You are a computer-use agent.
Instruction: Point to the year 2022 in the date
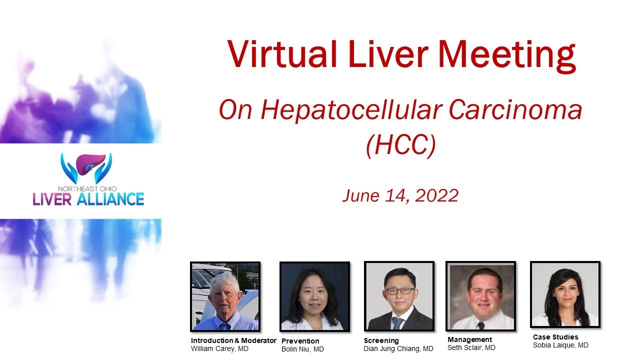click(436, 195)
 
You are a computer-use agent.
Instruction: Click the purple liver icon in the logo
click(86, 165)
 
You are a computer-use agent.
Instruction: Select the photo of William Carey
click(225, 296)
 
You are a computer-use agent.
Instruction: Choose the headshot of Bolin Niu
click(314, 296)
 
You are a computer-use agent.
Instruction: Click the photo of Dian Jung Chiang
click(398, 296)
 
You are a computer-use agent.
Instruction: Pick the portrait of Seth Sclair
click(480, 296)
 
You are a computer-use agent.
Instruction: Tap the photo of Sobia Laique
click(565, 294)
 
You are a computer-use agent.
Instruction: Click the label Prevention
click(300, 341)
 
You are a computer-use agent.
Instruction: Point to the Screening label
click(381, 340)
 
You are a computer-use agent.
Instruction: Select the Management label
click(469, 339)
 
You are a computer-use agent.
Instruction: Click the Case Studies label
click(555, 337)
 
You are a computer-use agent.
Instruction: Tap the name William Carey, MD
click(219, 348)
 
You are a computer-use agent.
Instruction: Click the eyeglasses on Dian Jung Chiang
click(398, 290)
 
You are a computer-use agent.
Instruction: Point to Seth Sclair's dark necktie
click(480, 325)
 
